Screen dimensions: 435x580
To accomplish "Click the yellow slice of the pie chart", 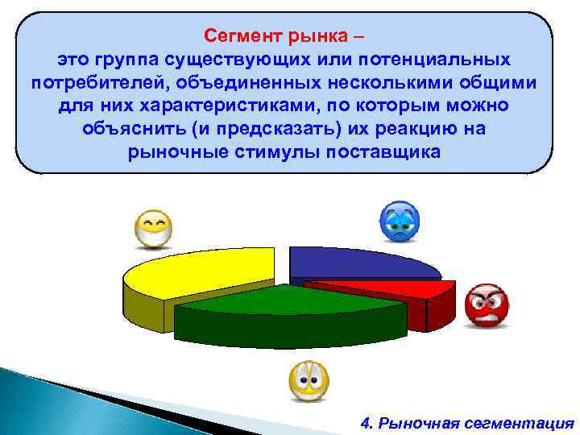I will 201,270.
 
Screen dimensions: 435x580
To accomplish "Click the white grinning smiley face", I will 153,228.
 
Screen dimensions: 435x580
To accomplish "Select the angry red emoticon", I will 487,305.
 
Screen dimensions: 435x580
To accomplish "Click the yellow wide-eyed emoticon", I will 309,380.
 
